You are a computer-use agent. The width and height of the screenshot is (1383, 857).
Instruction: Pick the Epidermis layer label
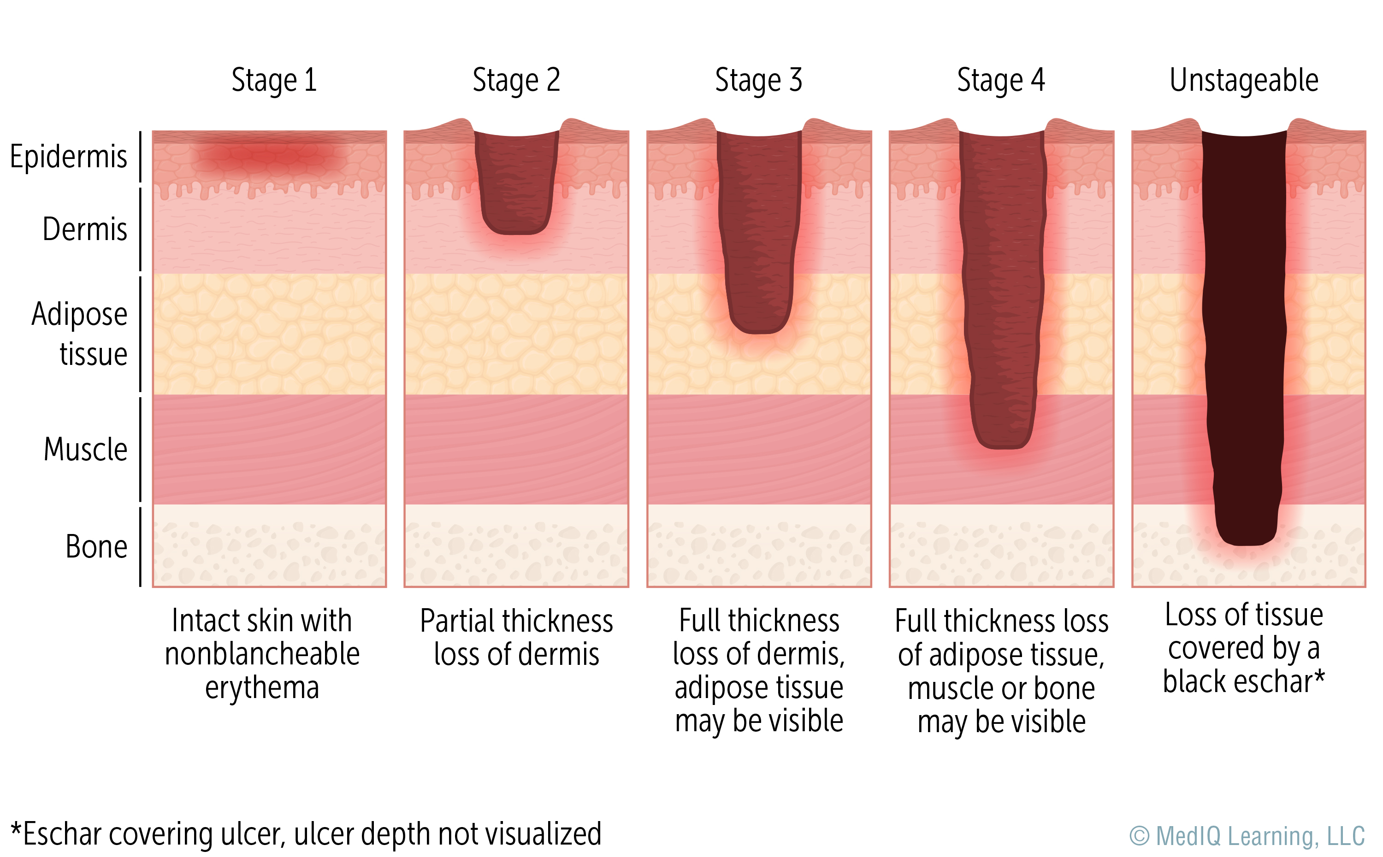tap(69, 157)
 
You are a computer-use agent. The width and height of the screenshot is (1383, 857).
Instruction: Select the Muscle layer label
tap(85, 450)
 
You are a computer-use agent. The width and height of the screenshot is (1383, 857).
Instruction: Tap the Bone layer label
tap(96, 547)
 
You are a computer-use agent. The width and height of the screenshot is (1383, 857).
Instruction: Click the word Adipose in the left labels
tap(79, 314)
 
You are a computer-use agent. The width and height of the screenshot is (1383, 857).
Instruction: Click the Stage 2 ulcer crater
tap(516, 182)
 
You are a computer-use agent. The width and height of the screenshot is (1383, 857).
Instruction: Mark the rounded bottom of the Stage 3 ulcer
tap(759, 323)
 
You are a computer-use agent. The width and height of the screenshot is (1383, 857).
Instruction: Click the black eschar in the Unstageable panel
tap(1243, 340)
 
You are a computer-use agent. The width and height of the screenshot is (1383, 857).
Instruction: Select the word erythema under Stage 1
tap(262, 687)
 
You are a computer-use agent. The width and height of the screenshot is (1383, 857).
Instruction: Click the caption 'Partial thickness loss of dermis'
tap(516, 637)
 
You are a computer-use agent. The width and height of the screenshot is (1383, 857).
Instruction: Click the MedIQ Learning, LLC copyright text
tap(1247, 836)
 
